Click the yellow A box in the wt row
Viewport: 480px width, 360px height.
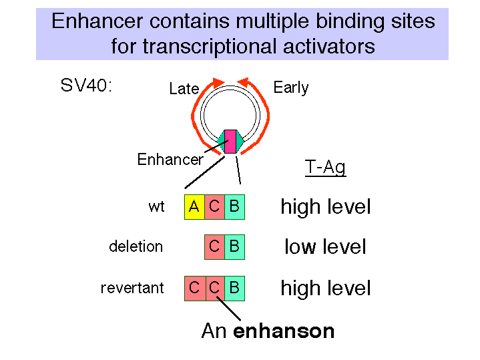194,207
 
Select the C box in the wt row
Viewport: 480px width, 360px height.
214,207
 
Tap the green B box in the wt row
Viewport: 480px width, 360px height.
235,207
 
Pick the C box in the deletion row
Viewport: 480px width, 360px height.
214,247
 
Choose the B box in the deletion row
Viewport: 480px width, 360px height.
235,247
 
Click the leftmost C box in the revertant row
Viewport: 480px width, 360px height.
195,289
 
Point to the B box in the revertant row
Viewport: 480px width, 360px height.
235,289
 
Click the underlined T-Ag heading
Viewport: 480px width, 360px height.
325,168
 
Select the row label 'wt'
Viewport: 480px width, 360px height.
156,207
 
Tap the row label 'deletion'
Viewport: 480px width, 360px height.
136,246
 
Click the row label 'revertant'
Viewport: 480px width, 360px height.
132,288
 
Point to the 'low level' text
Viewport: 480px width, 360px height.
325,246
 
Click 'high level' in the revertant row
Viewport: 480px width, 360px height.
326,288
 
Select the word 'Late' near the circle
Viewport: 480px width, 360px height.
184,89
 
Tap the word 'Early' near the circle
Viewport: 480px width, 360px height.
291,88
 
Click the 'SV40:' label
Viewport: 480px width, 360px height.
86,85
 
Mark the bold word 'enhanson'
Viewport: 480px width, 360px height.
284,331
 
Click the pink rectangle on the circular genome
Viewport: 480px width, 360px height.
230,141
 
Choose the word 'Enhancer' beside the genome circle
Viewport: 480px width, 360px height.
170,160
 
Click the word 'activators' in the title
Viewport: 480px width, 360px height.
328,47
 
